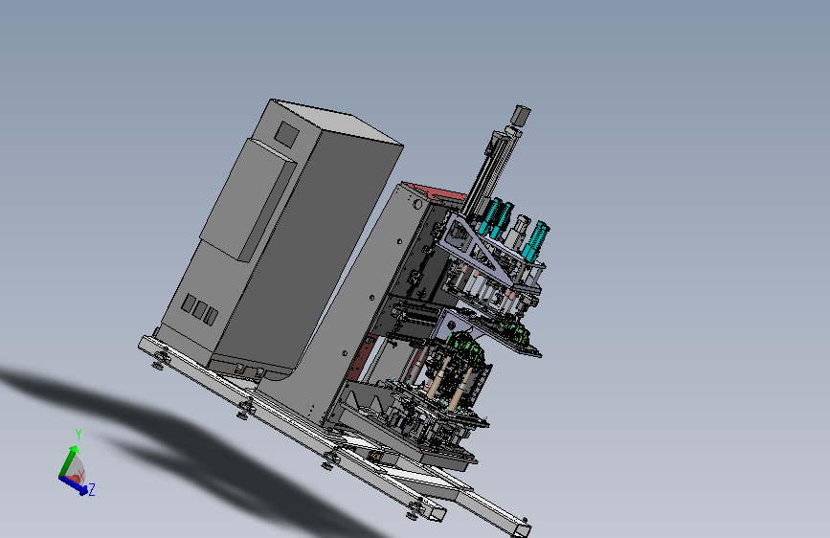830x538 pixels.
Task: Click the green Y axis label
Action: (79, 435)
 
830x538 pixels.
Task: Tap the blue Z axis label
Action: (92, 489)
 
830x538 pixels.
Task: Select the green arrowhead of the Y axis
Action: (73, 450)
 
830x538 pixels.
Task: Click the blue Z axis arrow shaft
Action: (71, 482)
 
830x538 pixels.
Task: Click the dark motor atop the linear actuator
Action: (521, 115)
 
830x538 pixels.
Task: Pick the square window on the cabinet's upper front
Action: (286, 134)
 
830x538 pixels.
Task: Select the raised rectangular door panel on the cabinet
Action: (248, 199)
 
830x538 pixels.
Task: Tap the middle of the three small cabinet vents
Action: (199, 310)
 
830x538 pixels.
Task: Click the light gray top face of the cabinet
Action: (337, 121)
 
